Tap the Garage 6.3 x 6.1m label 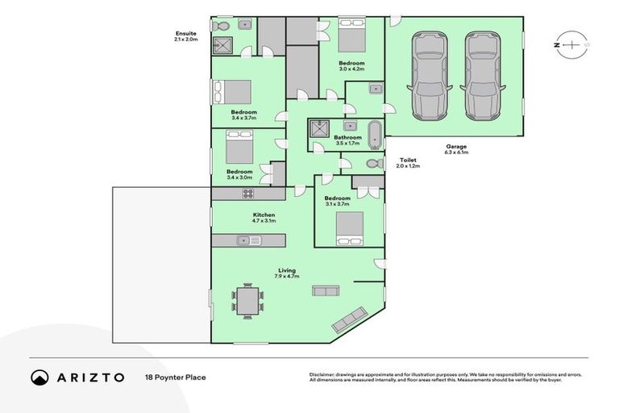click(x=456, y=148)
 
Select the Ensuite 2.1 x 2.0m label click(x=186, y=36)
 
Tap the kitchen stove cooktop click(x=248, y=193)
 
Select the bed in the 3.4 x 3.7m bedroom click(x=232, y=92)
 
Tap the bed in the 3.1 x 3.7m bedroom click(x=349, y=227)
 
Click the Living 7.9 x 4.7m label click(x=287, y=273)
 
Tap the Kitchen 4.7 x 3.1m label click(x=264, y=217)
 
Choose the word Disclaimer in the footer click(x=324, y=375)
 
